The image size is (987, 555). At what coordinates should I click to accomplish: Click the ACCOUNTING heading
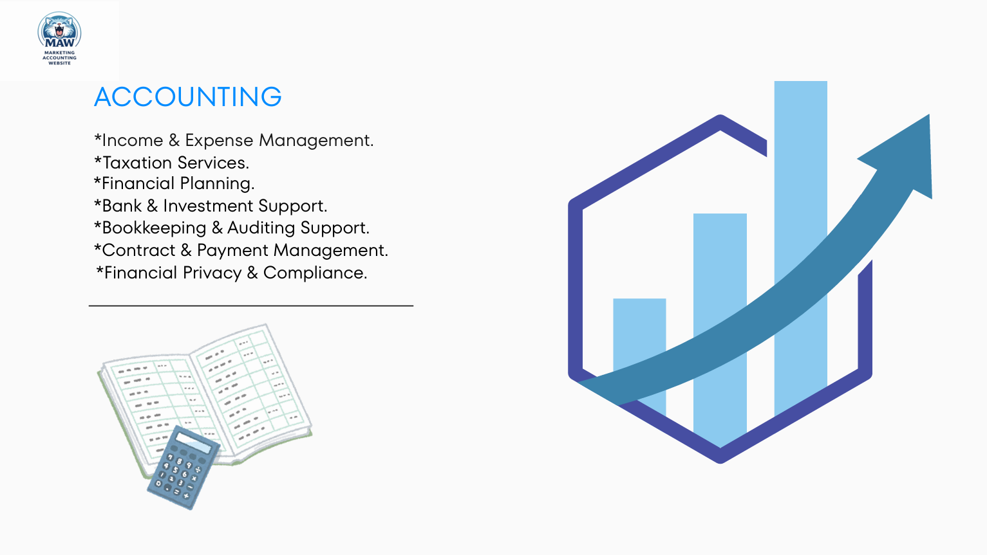click(188, 96)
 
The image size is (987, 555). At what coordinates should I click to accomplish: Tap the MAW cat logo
click(59, 39)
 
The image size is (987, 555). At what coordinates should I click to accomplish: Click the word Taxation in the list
click(138, 163)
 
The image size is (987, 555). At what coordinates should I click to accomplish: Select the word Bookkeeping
click(155, 228)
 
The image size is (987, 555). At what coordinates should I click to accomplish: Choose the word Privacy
click(212, 273)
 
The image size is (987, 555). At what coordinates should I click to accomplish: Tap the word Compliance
click(315, 273)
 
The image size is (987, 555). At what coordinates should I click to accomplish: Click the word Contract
click(139, 250)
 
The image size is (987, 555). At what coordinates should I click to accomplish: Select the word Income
click(133, 140)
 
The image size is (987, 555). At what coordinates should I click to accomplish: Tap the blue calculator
click(183, 468)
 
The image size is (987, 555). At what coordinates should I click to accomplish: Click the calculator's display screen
click(193, 442)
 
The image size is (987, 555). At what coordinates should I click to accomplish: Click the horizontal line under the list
click(251, 305)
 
